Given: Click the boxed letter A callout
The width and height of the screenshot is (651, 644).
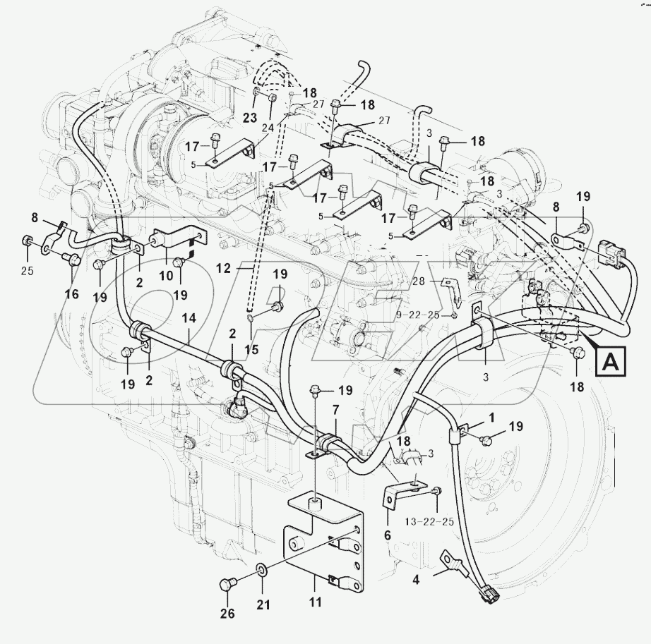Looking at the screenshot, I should [611, 363].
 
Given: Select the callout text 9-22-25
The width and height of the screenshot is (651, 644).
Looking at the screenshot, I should [438, 315].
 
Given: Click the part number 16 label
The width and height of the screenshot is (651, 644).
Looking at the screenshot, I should [72, 274].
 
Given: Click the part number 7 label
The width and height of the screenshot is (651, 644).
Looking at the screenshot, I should [335, 429].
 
